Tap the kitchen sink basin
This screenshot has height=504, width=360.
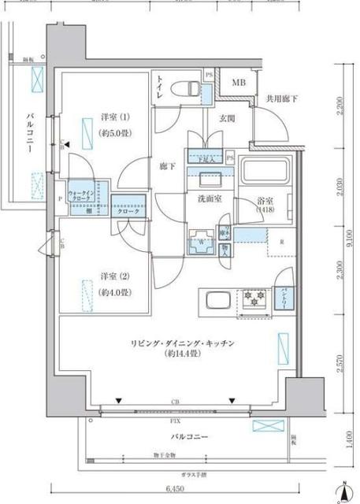coord(217,300)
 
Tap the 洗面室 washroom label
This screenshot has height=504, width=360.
coord(209,199)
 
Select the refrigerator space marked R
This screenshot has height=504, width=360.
coord(280,242)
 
